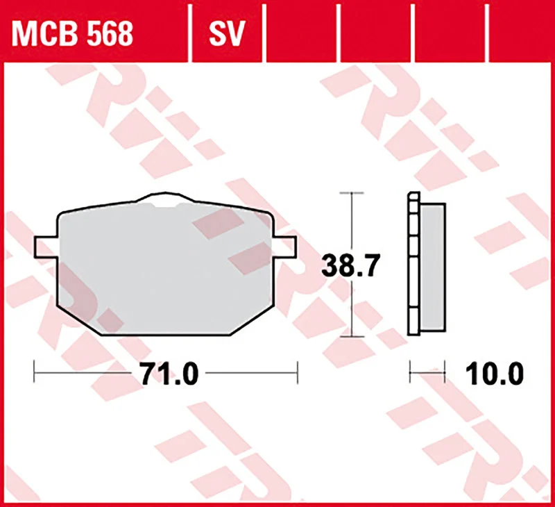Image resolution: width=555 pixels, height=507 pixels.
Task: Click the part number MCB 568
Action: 72,34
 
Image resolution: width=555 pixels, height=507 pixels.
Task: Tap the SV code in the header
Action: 227,34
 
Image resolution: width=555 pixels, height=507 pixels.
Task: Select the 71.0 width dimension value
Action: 169,374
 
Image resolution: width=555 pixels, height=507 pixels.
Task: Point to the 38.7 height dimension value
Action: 351,265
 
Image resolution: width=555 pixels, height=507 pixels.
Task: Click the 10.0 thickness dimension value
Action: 495,374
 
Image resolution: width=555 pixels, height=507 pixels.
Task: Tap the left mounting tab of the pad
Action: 46,247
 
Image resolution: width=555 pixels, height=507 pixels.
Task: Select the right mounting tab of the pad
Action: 284,247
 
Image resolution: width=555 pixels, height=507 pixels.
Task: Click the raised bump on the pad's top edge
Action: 165,198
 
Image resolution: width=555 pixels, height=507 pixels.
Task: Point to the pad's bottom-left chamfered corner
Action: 79,320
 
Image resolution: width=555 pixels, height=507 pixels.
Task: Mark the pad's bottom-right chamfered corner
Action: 252,320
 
